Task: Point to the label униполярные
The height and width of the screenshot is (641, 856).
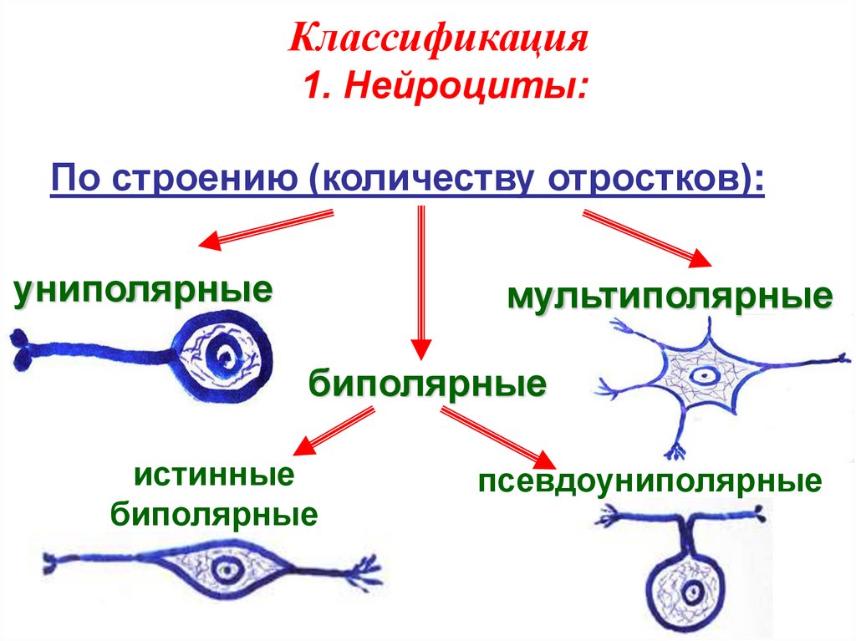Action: tap(143, 292)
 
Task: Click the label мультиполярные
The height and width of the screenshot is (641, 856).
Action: tap(669, 297)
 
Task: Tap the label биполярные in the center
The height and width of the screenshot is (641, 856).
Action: tap(427, 384)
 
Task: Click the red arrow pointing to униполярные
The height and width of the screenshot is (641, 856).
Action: tap(265, 230)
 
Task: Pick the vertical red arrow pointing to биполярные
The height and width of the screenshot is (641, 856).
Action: tap(421, 284)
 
